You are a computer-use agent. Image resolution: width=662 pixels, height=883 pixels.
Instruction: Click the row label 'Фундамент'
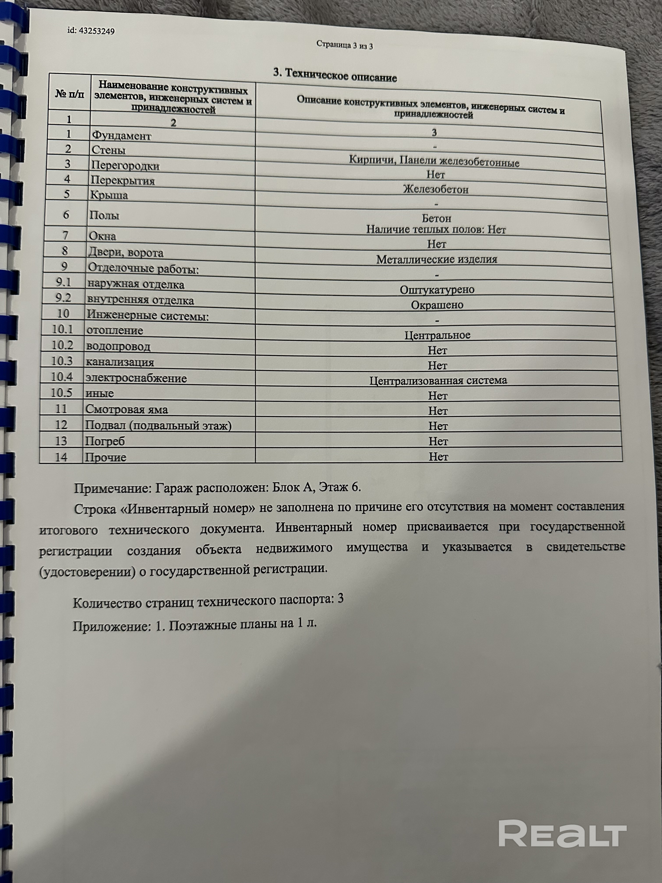tap(122, 136)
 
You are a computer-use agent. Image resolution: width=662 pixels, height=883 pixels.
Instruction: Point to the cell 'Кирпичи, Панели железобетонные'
tap(434, 161)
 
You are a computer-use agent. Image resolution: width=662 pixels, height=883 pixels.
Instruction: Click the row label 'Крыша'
tap(109, 195)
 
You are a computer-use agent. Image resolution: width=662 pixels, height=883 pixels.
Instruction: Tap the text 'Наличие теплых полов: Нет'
tap(436, 230)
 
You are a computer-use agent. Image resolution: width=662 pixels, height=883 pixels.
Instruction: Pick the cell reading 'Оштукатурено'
tap(437, 290)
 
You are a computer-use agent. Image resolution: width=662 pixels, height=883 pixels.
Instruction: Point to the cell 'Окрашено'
tap(437, 305)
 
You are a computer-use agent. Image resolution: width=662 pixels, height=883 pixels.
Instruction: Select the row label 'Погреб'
tap(105, 441)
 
